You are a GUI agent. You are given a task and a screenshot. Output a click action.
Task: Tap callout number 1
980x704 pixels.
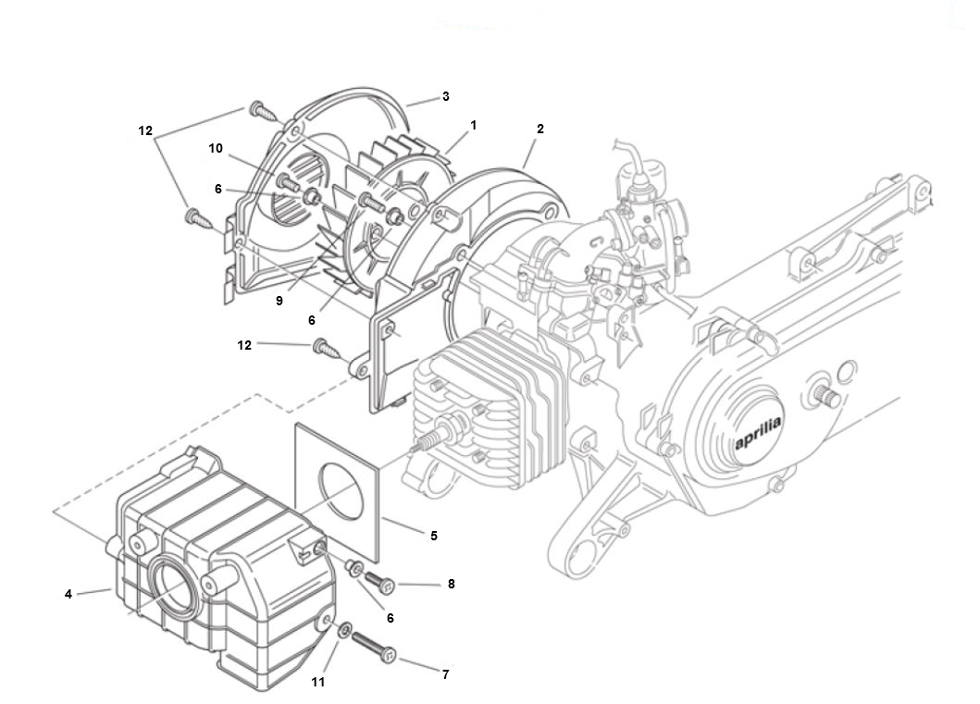point(473,126)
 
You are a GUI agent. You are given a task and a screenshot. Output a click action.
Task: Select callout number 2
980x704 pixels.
point(540,129)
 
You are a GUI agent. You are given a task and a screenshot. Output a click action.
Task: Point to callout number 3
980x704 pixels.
point(446,97)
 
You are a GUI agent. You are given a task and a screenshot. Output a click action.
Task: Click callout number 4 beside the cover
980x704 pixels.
point(68,594)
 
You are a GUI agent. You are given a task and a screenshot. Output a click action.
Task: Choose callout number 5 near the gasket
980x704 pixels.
point(434,536)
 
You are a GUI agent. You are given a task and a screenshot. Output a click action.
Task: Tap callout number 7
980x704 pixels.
point(446,674)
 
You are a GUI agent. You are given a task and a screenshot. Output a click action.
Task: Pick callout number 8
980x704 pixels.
point(452,584)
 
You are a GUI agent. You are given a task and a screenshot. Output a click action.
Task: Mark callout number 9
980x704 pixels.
point(279,301)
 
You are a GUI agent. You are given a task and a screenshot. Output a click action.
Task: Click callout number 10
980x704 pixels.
point(215,148)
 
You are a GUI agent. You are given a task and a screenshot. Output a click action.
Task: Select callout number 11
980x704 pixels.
point(318,682)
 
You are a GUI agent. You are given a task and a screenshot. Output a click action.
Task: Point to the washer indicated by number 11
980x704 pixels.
point(344,631)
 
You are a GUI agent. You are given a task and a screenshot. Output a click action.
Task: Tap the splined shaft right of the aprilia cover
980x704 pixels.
point(826,396)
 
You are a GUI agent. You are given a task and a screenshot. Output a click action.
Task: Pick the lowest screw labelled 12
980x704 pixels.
point(328,349)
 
